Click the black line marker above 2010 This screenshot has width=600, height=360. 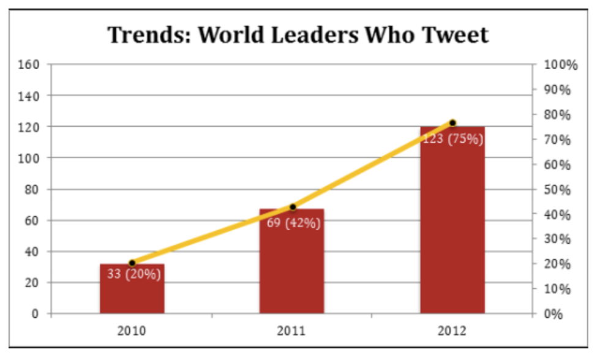132,263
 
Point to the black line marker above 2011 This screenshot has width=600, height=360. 293,207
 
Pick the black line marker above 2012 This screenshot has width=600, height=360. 453,123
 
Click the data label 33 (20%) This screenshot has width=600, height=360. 133,274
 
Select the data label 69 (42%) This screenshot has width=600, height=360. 294,223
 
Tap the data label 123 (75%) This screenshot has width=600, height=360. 453,139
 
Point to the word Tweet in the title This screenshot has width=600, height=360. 455,35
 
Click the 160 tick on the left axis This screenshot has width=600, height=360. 30,64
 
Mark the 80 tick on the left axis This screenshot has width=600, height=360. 32,189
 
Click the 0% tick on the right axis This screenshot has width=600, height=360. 554,313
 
